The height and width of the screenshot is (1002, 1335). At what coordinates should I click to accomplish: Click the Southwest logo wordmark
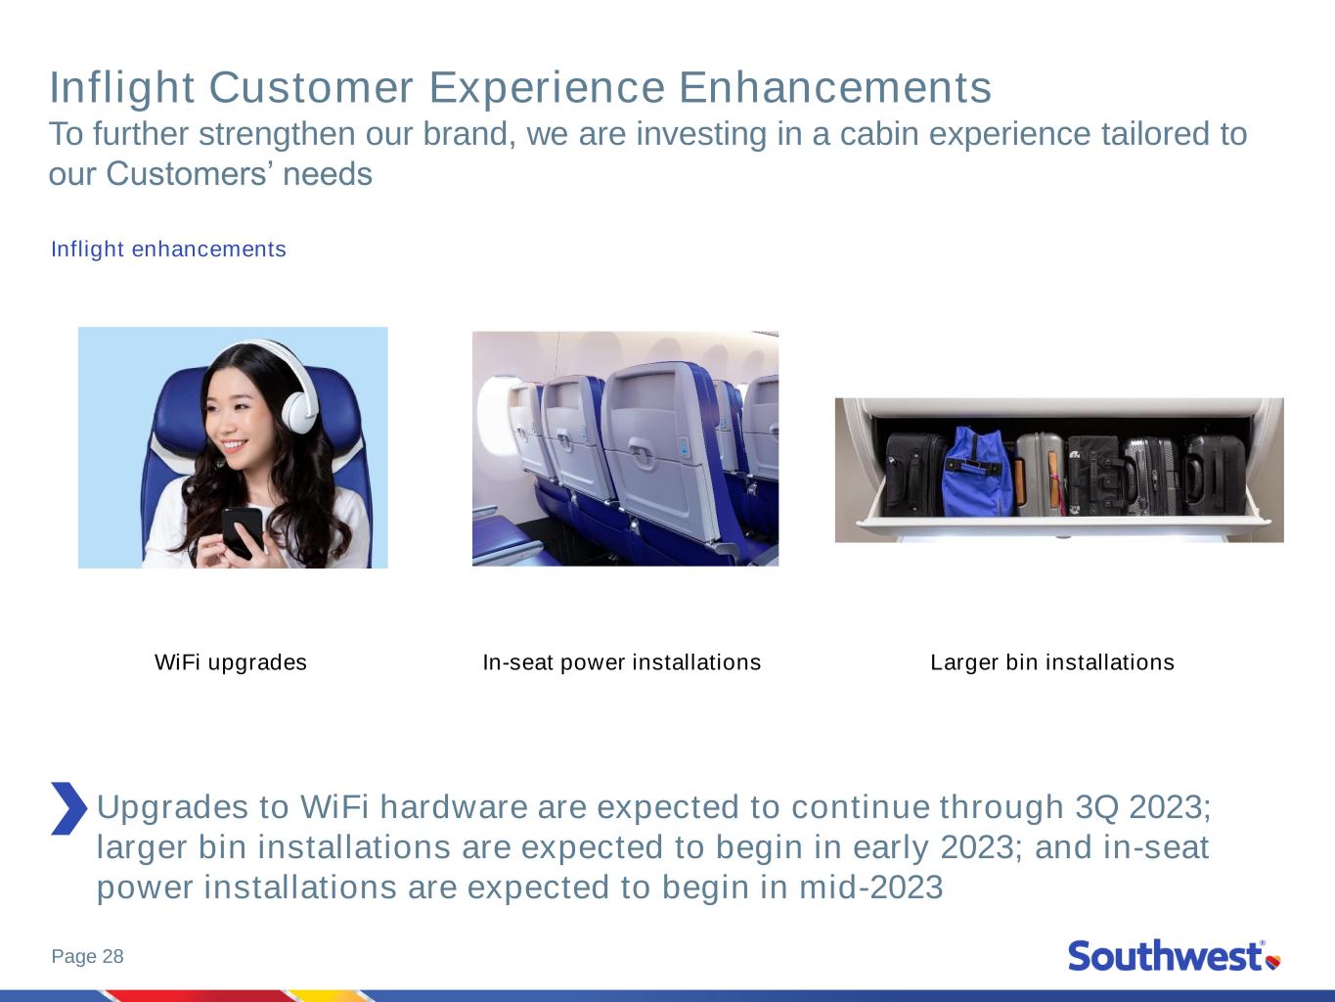(x=1166, y=956)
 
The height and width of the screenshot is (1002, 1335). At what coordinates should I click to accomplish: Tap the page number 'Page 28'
(x=88, y=956)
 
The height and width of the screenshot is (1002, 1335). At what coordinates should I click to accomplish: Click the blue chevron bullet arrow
(x=68, y=808)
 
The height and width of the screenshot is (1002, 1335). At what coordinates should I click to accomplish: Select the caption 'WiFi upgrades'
(x=231, y=661)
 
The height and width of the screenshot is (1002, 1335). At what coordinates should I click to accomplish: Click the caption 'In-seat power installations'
(x=622, y=661)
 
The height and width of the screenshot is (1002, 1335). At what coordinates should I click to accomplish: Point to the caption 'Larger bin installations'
(x=1052, y=661)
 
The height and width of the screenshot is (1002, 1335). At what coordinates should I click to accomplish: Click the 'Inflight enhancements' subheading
(x=168, y=249)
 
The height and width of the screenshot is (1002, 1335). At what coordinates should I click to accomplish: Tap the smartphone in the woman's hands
(x=243, y=531)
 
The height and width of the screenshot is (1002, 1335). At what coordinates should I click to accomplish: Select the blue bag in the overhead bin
(x=976, y=472)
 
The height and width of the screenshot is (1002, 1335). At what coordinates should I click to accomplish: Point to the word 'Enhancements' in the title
(x=835, y=88)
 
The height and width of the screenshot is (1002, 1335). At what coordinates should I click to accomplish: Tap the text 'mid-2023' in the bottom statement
(x=871, y=887)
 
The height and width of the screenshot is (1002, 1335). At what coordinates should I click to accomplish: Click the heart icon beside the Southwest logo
(x=1273, y=962)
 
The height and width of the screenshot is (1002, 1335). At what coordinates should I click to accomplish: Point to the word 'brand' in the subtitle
(x=465, y=134)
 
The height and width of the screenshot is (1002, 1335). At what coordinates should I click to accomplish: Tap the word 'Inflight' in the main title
(x=121, y=89)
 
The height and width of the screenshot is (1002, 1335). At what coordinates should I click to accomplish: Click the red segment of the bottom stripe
(x=200, y=996)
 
